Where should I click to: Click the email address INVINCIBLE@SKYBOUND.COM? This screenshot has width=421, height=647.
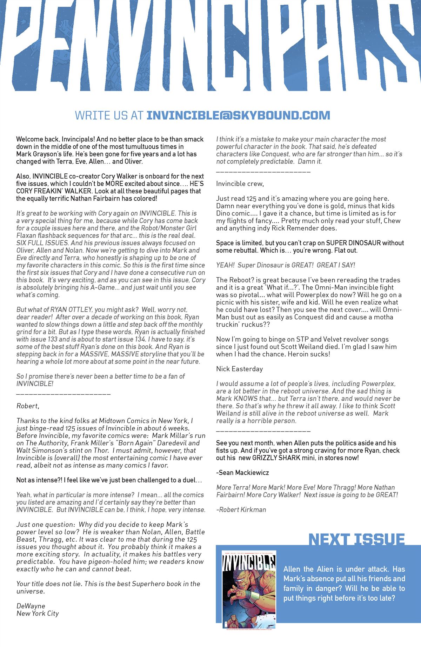[x=238, y=115]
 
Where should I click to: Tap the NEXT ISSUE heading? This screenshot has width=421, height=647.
[x=356, y=539]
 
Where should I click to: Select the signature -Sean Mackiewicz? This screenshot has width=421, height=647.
[x=243, y=473]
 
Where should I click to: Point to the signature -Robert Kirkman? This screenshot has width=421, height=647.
[x=241, y=509]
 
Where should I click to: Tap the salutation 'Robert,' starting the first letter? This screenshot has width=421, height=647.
[x=28, y=406]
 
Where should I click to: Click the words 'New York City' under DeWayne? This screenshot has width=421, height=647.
[x=38, y=613]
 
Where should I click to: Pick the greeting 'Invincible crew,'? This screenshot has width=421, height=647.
[x=240, y=184]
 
